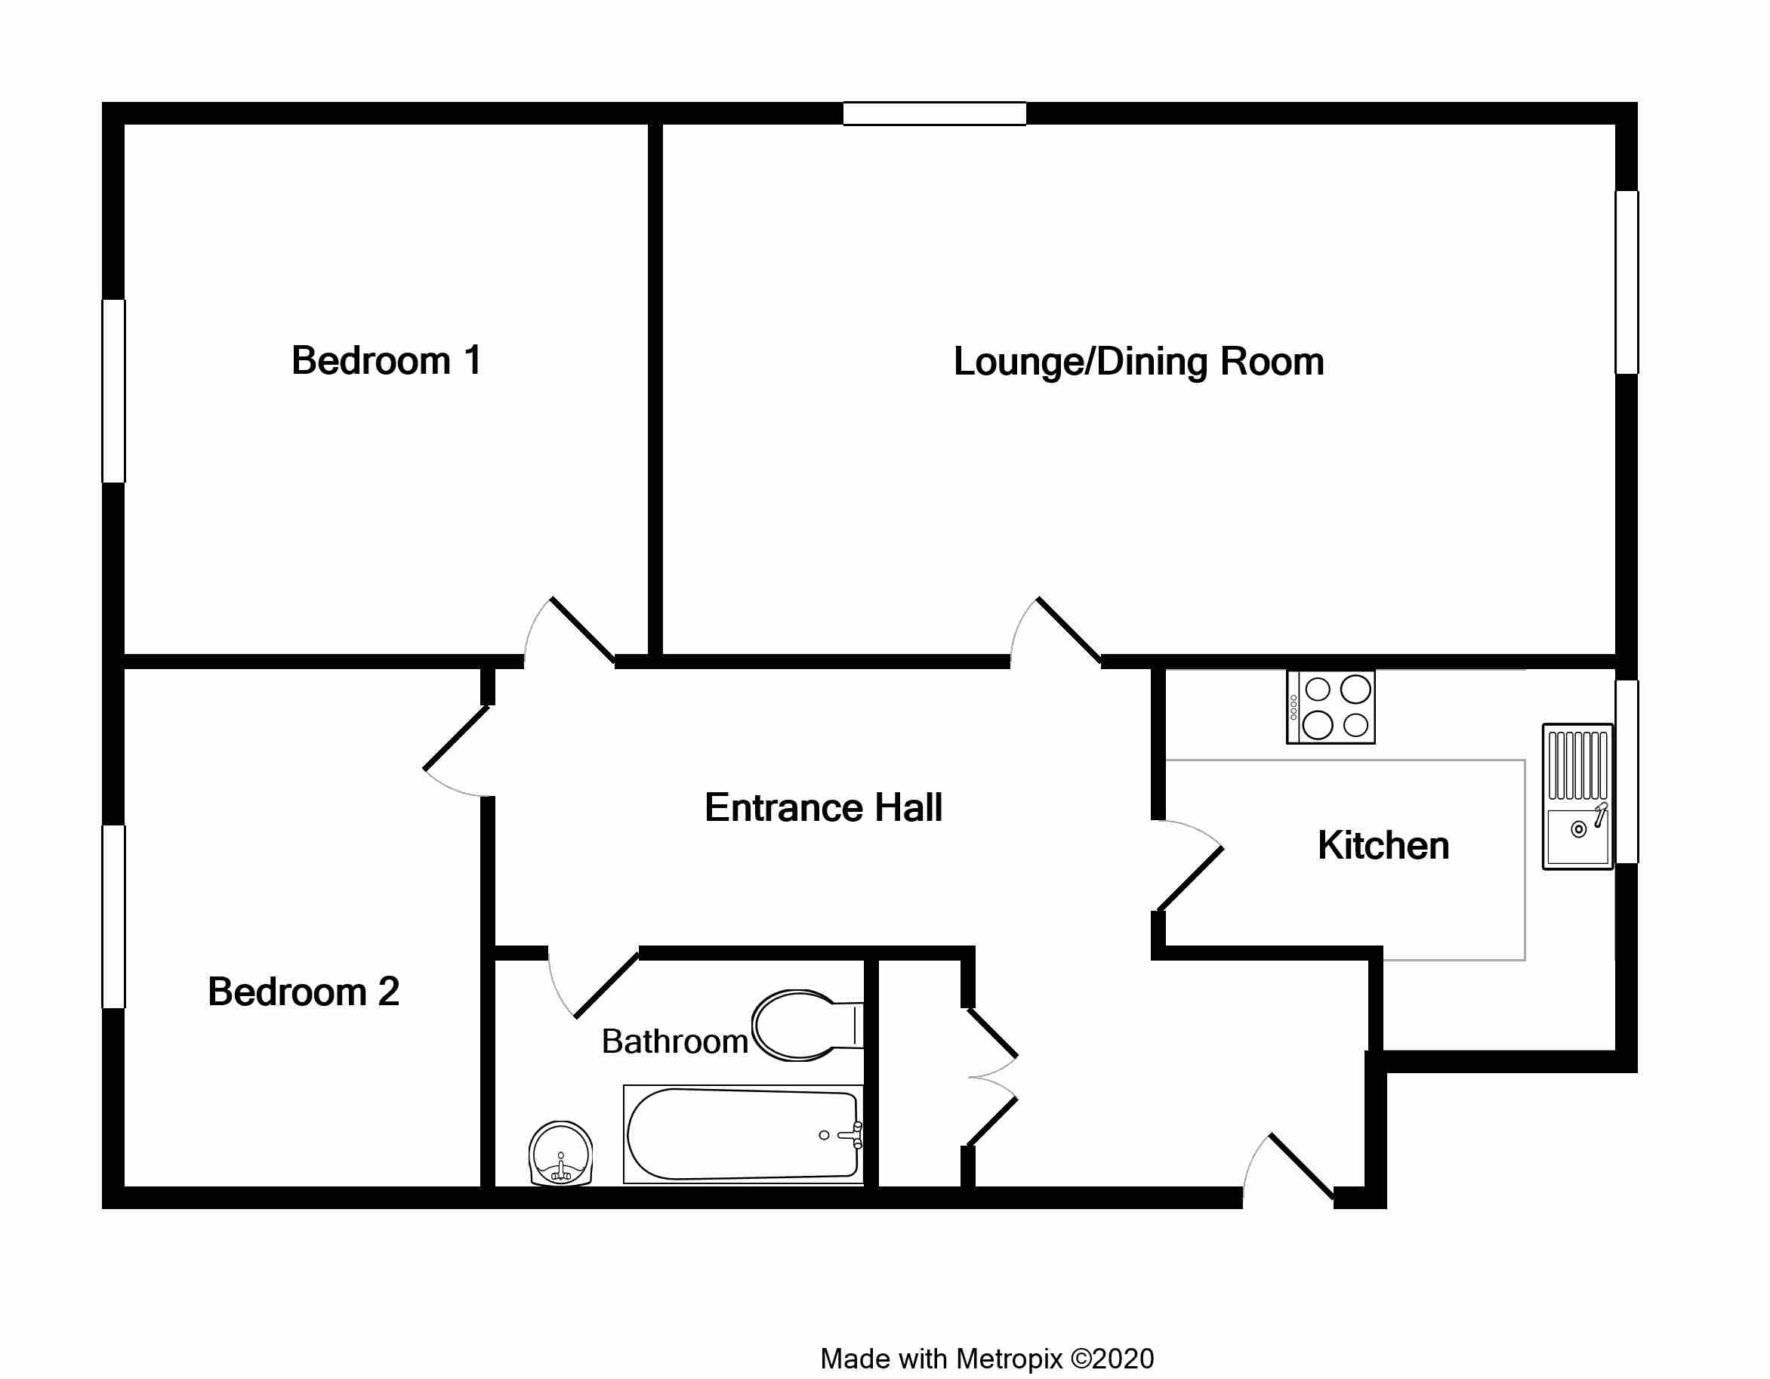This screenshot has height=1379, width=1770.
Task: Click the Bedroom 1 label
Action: click(x=387, y=361)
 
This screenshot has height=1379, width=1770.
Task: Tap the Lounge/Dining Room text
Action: click(x=1139, y=362)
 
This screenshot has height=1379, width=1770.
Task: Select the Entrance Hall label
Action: click(x=823, y=807)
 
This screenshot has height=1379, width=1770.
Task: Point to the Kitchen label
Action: click(x=1383, y=846)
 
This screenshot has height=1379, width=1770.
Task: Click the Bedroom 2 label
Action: click(x=303, y=992)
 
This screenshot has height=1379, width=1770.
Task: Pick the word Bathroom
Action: click(x=674, y=1041)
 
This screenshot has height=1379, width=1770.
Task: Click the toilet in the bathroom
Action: click(x=807, y=1026)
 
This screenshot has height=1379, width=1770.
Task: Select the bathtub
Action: click(x=743, y=1134)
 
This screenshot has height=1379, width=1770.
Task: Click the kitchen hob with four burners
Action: click(x=1331, y=706)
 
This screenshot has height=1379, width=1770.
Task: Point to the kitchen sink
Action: click(x=1577, y=796)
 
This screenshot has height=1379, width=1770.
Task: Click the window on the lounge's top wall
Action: click(x=934, y=113)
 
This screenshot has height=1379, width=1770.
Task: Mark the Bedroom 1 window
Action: click(x=113, y=390)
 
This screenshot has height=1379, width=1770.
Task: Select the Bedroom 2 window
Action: click(x=113, y=917)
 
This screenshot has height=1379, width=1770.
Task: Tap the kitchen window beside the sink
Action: click(x=1627, y=772)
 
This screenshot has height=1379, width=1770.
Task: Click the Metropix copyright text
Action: click(x=987, y=1359)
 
